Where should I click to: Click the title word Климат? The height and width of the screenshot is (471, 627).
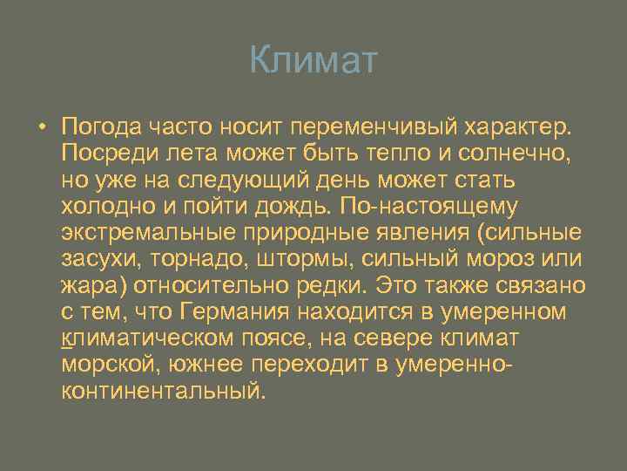coord(313,61)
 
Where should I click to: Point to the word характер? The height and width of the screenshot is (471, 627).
coord(521,127)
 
